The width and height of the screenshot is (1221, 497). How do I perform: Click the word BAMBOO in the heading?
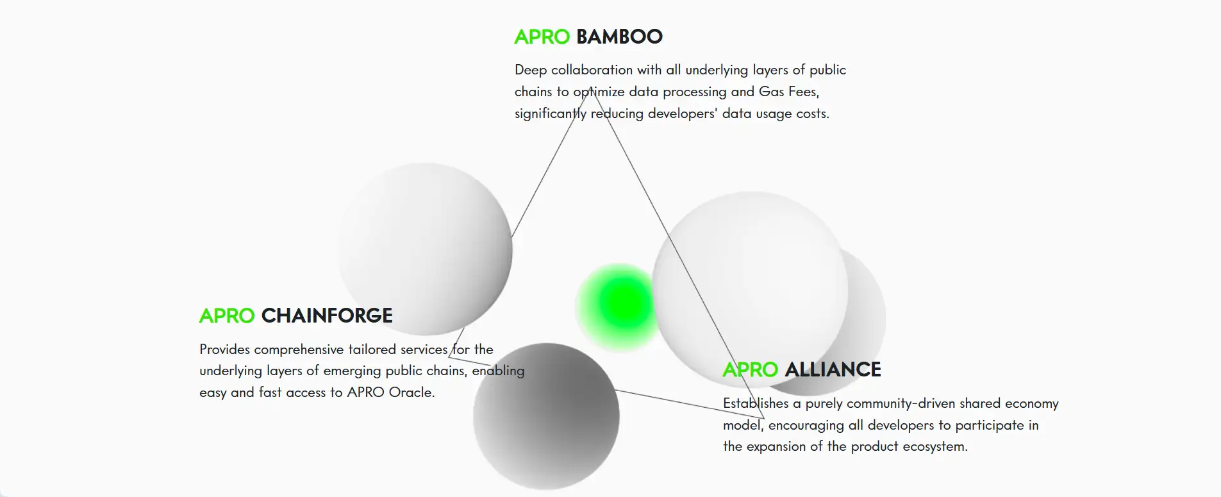[619, 37]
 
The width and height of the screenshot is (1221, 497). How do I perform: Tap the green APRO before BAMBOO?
[542, 37]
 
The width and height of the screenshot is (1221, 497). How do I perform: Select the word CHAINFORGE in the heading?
[327, 316]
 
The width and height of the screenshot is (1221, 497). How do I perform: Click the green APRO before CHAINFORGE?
[227, 316]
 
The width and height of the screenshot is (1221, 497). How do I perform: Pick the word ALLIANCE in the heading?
[833, 369]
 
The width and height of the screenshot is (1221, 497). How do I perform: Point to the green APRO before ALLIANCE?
[750, 369]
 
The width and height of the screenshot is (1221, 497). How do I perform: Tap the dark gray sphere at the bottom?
[546, 416]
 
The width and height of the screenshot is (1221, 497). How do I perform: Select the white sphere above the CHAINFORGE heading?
[425, 249]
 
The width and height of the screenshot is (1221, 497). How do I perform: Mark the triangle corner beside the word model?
[765, 419]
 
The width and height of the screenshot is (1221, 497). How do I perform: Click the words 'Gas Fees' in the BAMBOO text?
[789, 92]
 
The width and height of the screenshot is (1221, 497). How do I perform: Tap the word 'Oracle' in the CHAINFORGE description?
[411, 392]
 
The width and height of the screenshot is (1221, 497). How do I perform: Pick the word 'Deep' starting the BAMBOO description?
[531, 70]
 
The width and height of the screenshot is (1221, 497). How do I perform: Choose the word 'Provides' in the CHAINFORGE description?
[225, 350]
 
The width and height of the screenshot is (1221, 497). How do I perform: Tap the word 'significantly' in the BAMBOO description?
[551, 114]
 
